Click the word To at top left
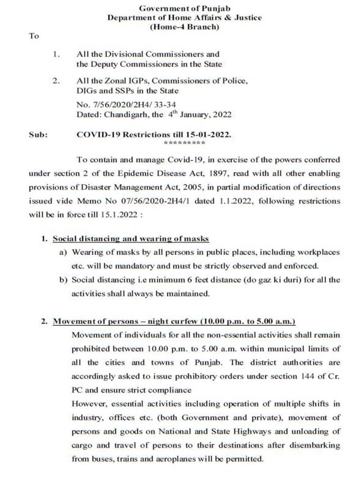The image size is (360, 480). tap(34, 36)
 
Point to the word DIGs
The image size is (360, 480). tap(85, 90)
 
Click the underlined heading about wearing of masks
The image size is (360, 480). tap(131, 239)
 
